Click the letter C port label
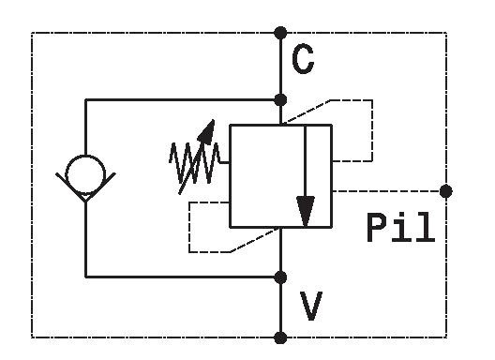pos(303,59)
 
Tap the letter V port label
pos(311,306)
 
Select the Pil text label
pos(400,228)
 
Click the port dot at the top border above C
pos(280,33)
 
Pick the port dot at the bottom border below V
pos(280,337)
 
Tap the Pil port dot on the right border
pos(445,191)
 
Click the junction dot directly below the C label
pos(280,100)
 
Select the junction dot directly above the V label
pos(280,277)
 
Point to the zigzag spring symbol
pos(194,163)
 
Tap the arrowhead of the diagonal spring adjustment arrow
pos(207,132)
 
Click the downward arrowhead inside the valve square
pos(306,211)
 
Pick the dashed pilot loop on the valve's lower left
pos(188,228)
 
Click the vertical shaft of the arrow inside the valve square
pos(306,161)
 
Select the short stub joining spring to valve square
pos(225,162)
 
